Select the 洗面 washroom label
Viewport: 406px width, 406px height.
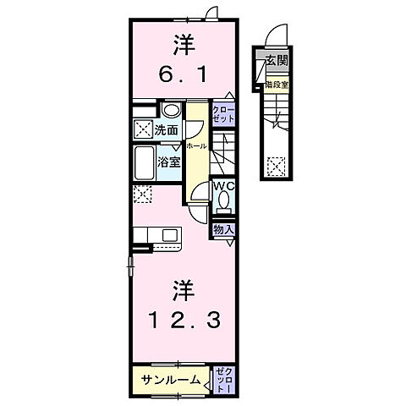pyautogui.click(x=166, y=130)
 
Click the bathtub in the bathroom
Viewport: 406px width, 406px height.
pyautogui.click(x=145, y=161)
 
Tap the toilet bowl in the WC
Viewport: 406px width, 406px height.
pyautogui.click(x=224, y=200)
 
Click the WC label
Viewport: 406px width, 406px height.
pyautogui.click(x=222, y=185)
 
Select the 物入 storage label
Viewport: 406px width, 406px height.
pyautogui.click(x=223, y=229)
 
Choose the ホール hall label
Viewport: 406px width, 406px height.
pyautogui.click(x=195, y=145)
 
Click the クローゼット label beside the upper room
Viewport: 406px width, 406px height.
pyautogui.click(x=222, y=115)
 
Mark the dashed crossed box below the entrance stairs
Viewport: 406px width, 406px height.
pyautogui.click(x=276, y=166)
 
